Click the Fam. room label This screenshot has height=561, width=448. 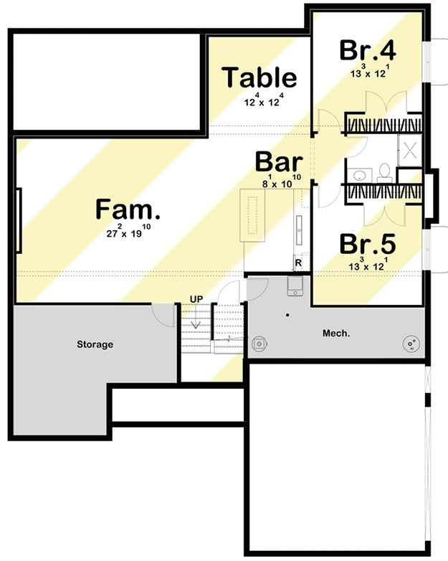pyautogui.click(x=128, y=210)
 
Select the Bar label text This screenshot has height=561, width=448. pyautogui.click(x=280, y=162)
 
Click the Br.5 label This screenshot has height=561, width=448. pyautogui.click(x=368, y=243)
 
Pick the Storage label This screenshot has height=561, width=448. pyautogui.click(x=95, y=345)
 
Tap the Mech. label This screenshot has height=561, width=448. pyautogui.click(x=335, y=333)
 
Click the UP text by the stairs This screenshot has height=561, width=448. pyautogui.click(x=196, y=298)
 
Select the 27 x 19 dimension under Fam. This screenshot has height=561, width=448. pyautogui.click(x=128, y=232)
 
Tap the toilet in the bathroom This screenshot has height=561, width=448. pyautogui.click(x=384, y=172)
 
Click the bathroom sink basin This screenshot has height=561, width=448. pyautogui.click(x=358, y=174)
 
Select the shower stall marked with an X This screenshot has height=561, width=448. pyautogui.click(x=411, y=151)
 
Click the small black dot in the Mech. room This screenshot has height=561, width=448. pyautogui.click(x=287, y=315)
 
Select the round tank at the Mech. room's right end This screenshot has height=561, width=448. pyautogui.click(x=411, y=345)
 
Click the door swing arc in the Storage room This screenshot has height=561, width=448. pyautogui.click(x=163, y=316)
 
